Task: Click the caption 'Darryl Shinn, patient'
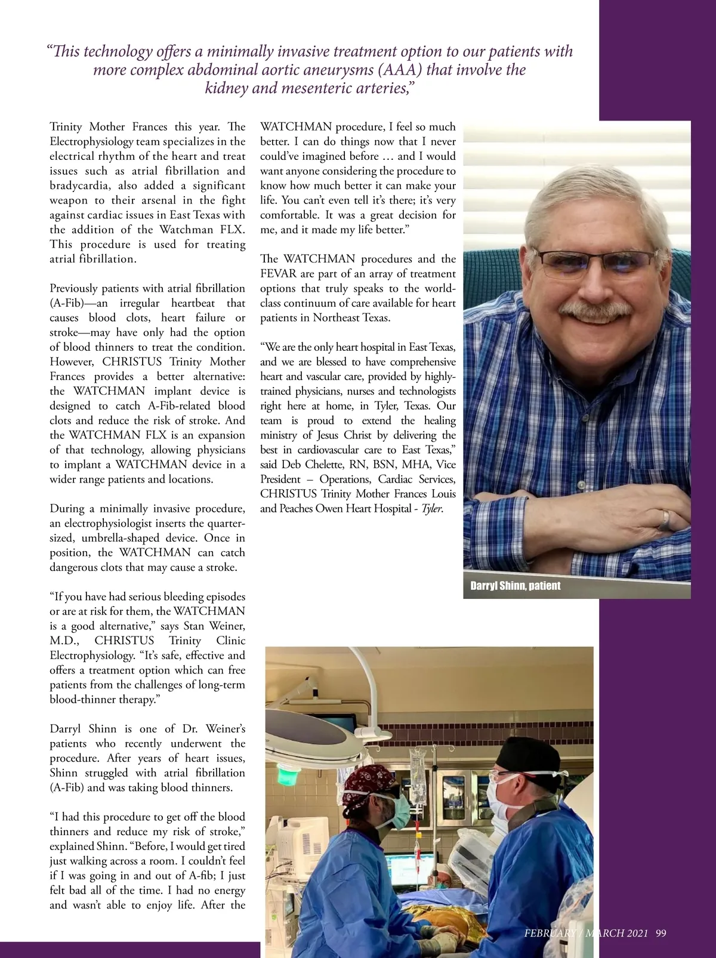pyautogui.click(x=515, y=586)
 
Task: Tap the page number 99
pyautogui.click(x=661, y=934)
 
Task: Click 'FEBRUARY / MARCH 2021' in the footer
pyautogui.click(x=586, y=934)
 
